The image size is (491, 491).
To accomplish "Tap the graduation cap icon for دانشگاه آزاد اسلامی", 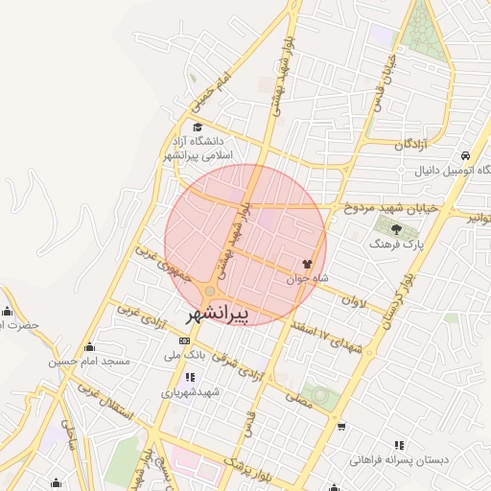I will pos(198,128).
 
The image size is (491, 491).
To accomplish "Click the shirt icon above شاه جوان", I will pos(308,264).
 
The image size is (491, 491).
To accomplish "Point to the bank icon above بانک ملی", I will pos(185,340).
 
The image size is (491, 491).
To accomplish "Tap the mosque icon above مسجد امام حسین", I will pos(90,347).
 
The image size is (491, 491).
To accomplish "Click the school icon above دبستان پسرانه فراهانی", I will pos(399,445).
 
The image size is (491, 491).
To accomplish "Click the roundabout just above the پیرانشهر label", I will pos(210,291).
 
